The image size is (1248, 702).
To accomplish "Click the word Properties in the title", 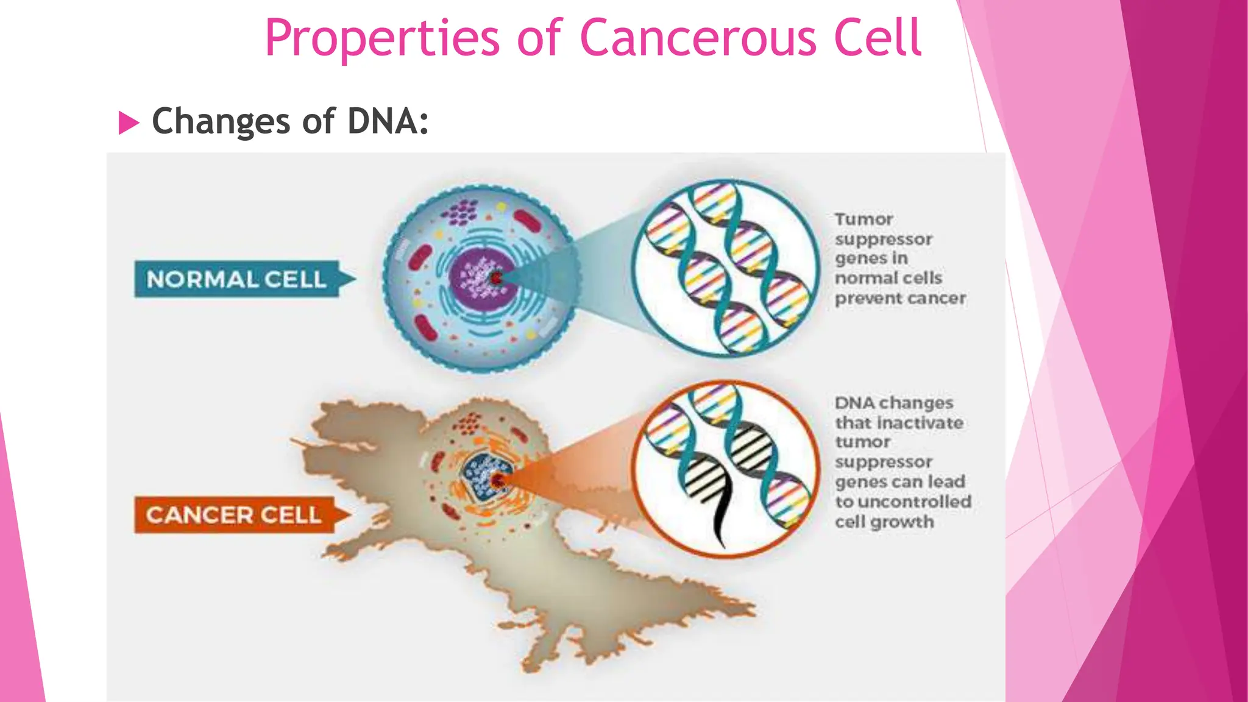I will pyautogui.click(x=382, y=38).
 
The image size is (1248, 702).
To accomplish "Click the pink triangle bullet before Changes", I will pyautogui.click(x=128, y=122).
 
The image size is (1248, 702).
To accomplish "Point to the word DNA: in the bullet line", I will pyautogui.click(x=388, y=121).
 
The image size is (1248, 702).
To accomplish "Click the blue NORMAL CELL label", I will pyautogui.click(x=237, y=279).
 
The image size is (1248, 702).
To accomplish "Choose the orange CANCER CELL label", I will pyautogui.click(x=234, y=515).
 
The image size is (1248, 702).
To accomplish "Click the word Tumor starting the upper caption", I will pyautogui.click(x=863, y=219).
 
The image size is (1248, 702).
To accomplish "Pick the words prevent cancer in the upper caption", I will pyautogui.click(x=900, y=299).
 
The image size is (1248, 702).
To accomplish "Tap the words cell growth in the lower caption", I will pyautogui.click(x=884, y=522).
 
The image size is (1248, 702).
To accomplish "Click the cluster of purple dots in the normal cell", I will pyautogui.click(x=460, y=212).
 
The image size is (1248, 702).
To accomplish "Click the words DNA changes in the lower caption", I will pyautogui.click(x=894, y=403).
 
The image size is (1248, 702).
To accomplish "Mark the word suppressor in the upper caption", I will pyautogui.click(x=883, y=239).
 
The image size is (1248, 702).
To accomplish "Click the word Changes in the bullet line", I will pyautogui.click(x=221, y=121).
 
